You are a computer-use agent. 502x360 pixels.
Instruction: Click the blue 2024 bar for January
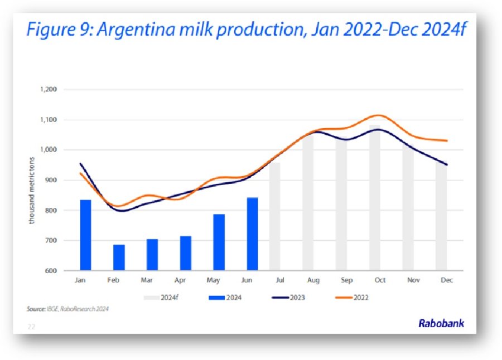(x=85, y=235)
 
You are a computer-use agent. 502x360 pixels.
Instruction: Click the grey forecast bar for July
(x=274, y=217)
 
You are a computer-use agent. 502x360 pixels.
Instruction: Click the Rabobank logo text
(x=441, y=323)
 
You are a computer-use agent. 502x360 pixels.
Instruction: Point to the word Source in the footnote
(x=36, y=309)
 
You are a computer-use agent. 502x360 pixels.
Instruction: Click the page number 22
(x=31, y=327)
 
